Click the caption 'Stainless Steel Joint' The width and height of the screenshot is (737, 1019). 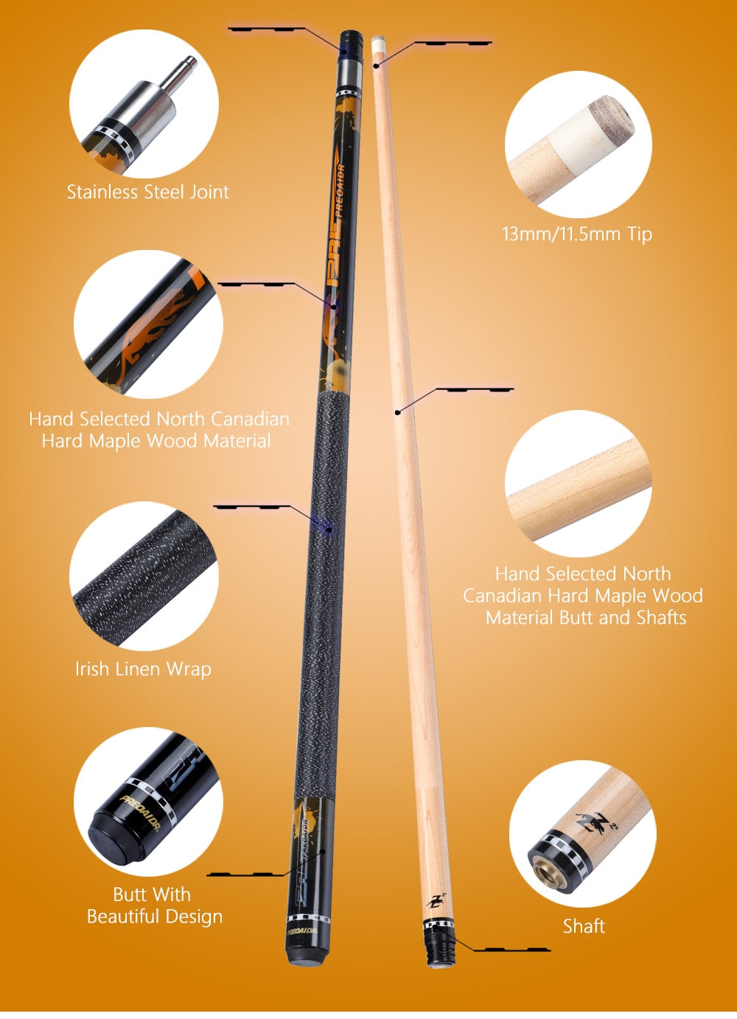[x=147, y=192]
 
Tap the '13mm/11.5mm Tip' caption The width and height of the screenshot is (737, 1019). [x=577, y=234]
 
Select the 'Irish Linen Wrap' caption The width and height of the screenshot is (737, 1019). [x=143, y=670]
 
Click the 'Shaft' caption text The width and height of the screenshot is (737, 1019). [x=584, y=926]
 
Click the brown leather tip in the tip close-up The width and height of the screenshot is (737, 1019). [x=611, y=117]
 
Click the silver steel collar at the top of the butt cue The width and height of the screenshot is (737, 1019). [x=350, y=73]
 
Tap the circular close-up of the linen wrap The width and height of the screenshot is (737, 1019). [x=144, y=576]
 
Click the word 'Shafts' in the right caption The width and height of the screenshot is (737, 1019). [x=661, y=618]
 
